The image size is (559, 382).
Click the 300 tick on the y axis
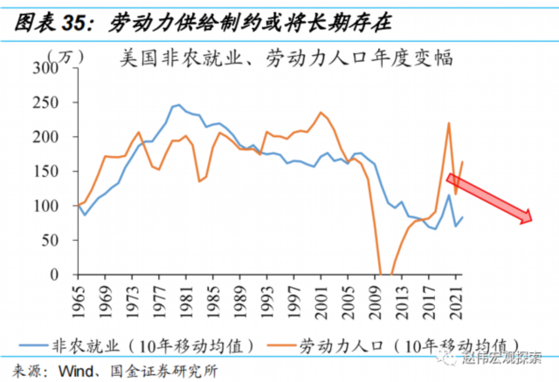pos(57,68)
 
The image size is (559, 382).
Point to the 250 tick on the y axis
pos(57,102)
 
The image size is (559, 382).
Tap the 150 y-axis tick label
pos(57,172)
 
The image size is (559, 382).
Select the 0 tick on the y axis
pos(66,275)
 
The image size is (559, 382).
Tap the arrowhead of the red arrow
pos(526,218)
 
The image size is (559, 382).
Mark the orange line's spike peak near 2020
pos(448,123)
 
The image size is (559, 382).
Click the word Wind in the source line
pos(75,369)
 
